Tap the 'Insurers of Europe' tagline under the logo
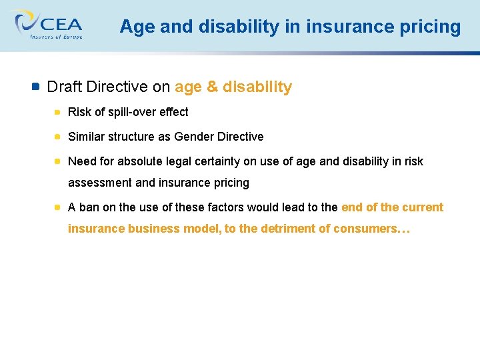[56, 37]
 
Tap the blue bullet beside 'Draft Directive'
[36, 87]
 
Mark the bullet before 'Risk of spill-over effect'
[59, 112]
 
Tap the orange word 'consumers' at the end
[363, 229]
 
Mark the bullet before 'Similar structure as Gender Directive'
[59, 137]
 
